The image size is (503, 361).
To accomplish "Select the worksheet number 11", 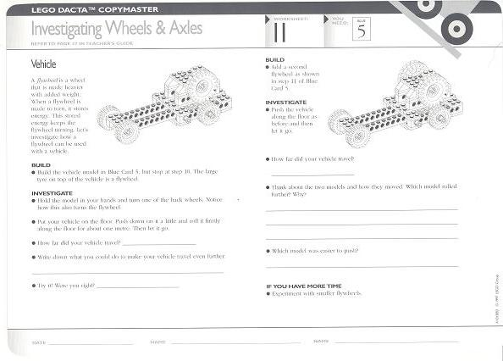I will point(279,31).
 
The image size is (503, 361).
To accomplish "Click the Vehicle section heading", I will point(43,64).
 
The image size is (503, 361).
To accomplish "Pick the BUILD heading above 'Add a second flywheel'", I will point(274,60).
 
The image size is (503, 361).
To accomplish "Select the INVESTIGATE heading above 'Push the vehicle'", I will point(285,102).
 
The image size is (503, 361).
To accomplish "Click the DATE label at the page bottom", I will point(38,342).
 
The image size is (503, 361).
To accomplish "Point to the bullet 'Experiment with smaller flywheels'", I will point(317,293).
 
